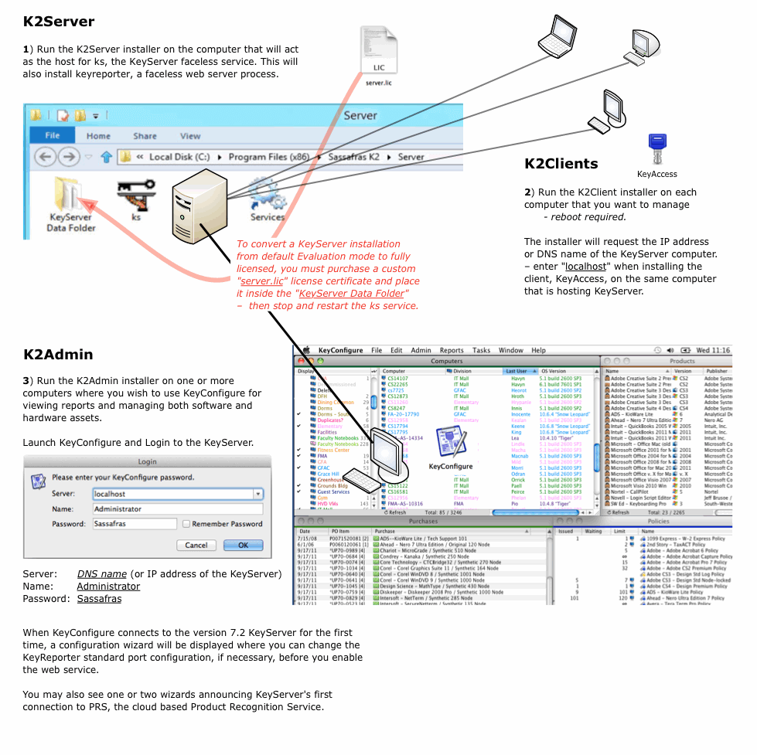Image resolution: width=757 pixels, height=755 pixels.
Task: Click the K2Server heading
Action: pyautogui.click(x=59, y=22)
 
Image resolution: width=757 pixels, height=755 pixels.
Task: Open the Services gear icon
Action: pyautogui.click(x=267, y=194)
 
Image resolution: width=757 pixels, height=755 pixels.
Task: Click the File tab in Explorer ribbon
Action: pyautogui.click(x=53, y=135)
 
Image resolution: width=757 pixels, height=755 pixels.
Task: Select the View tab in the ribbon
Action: pyautogui.click(x=190, y=136)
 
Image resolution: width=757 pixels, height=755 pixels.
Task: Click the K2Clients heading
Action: pyautogui.click(x=561, y=164)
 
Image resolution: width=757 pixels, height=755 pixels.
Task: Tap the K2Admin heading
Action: pyautogui.click(x=58, y=355)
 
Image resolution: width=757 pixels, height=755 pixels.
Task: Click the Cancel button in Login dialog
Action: pyautogui.click(x=196, y=545)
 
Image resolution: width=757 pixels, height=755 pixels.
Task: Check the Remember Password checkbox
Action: pyautogui.click(x=186, y=524)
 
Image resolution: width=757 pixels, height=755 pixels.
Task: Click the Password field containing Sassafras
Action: pyautogui.click(x=135, y=524)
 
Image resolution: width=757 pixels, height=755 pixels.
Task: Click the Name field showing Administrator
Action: pyautogui.click(x=177, y=509)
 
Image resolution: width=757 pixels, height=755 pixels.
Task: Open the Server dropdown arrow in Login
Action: pyautogui.click(x=257, y=494)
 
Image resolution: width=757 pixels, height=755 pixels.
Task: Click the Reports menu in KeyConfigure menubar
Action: pyautogui.click(x=452, y=350)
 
